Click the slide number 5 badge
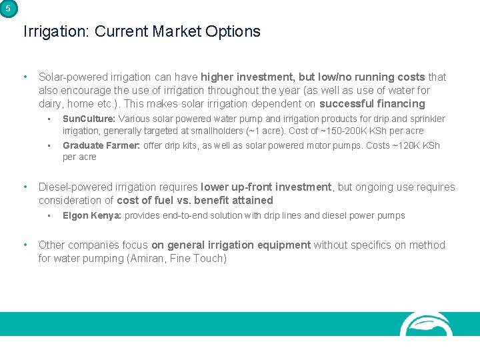[x=7, y=9]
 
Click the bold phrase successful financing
[x=372, y=103]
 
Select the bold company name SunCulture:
[x=89, y=119]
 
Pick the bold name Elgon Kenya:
[x=92, y=215]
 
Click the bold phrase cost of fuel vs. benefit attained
[x=195, y=200]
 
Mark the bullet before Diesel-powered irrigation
[x=25, y=187]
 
